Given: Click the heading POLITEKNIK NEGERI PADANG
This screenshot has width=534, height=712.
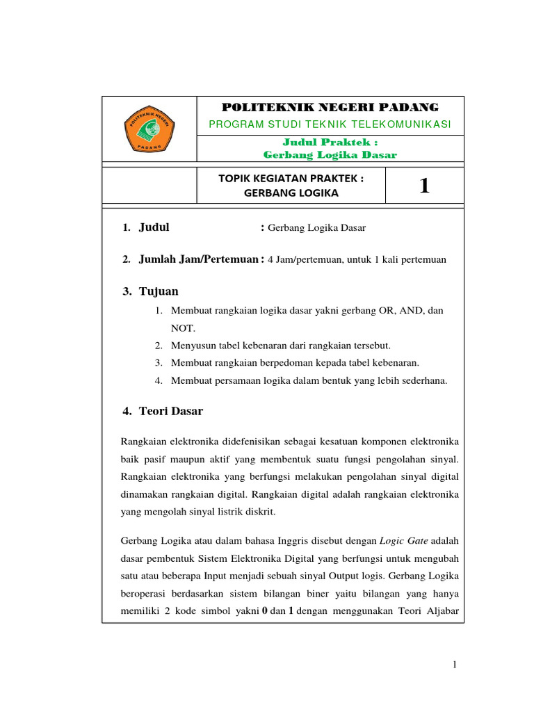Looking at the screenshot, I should click(330, 107).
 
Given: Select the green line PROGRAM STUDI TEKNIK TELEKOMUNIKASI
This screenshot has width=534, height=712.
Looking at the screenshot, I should click(330, 124).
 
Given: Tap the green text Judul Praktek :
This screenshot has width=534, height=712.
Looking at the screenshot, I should click(330, 142).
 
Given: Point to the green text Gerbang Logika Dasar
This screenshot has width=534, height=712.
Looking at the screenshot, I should click(330, 154).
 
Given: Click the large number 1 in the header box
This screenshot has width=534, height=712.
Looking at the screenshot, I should click(424, 186).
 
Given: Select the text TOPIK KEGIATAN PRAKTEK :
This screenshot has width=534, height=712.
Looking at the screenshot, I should click(291, 178).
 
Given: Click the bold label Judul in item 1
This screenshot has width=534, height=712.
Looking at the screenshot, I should click(154, 227).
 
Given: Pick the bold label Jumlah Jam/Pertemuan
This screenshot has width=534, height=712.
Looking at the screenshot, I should click(198, 259).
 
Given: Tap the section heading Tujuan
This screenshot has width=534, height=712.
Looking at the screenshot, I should click(159, 291).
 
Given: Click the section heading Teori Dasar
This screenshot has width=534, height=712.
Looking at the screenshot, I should click(171, 411).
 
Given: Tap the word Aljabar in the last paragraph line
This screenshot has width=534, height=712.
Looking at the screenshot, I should click(439, 613).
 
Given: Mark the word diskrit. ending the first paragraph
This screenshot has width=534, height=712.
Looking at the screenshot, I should click(261, 511).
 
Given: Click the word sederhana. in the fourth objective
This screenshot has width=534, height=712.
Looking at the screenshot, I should click(423, 380).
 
